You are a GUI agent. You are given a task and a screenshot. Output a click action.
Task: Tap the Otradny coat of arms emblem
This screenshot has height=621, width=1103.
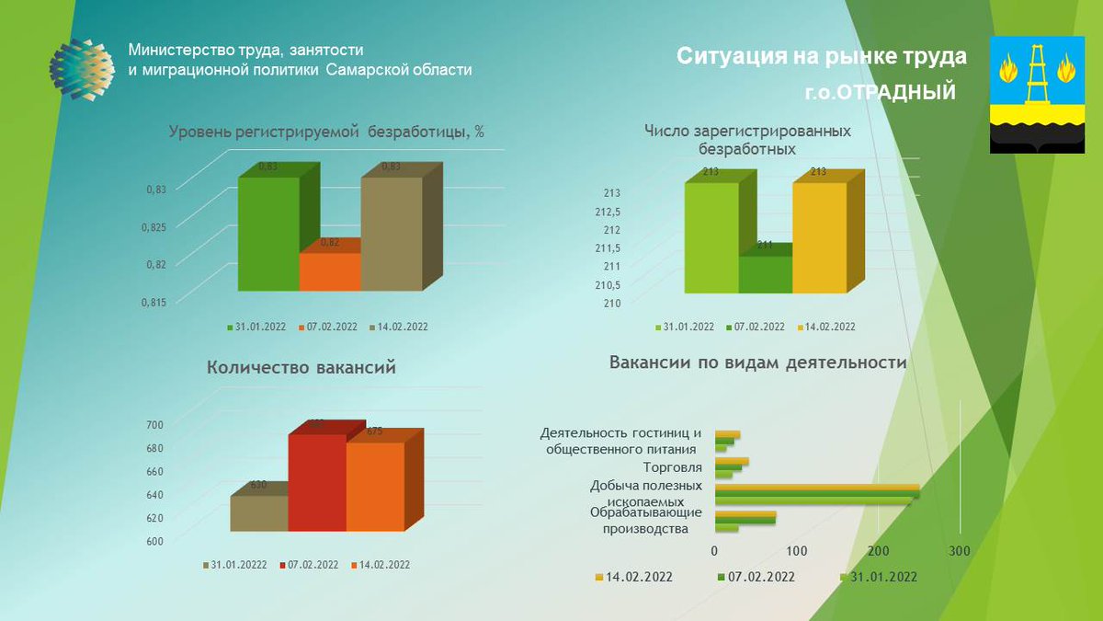coord(1037,95)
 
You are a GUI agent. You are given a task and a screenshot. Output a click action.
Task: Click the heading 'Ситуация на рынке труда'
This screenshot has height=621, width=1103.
coord(822,57)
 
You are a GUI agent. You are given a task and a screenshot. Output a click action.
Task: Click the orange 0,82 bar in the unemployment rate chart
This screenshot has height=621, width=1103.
coord(330,271)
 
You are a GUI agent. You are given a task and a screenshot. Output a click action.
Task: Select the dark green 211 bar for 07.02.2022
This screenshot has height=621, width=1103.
coord(766,274)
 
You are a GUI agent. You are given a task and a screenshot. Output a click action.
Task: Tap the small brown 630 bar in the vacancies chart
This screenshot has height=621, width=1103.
coord(258,513)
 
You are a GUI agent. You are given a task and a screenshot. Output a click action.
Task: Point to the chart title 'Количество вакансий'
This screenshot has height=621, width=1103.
coord(301,368)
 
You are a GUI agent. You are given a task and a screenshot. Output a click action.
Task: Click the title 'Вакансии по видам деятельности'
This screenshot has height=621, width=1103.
coord(757,362)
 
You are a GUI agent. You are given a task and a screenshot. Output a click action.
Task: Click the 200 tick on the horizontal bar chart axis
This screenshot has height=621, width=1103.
coord(878,551)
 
